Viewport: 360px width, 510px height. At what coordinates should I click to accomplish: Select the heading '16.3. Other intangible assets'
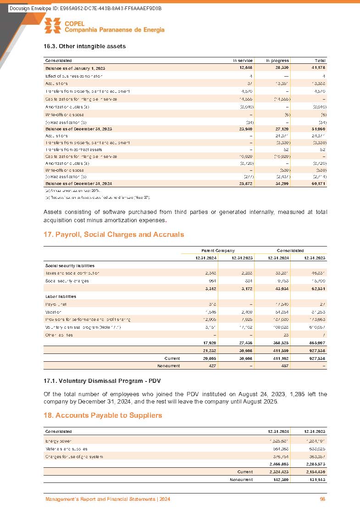(85, 46)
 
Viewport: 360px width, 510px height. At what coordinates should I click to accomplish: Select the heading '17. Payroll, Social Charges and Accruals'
(114, 235)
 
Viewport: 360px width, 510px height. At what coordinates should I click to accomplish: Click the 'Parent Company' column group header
(218, 251)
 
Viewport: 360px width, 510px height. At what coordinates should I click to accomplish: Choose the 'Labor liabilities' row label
(63, 296)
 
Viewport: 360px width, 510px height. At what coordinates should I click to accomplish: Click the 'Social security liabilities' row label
(70, 265)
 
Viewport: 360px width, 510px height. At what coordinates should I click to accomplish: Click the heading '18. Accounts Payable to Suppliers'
(103, 415)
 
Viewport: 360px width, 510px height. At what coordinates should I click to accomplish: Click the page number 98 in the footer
(322, 499)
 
